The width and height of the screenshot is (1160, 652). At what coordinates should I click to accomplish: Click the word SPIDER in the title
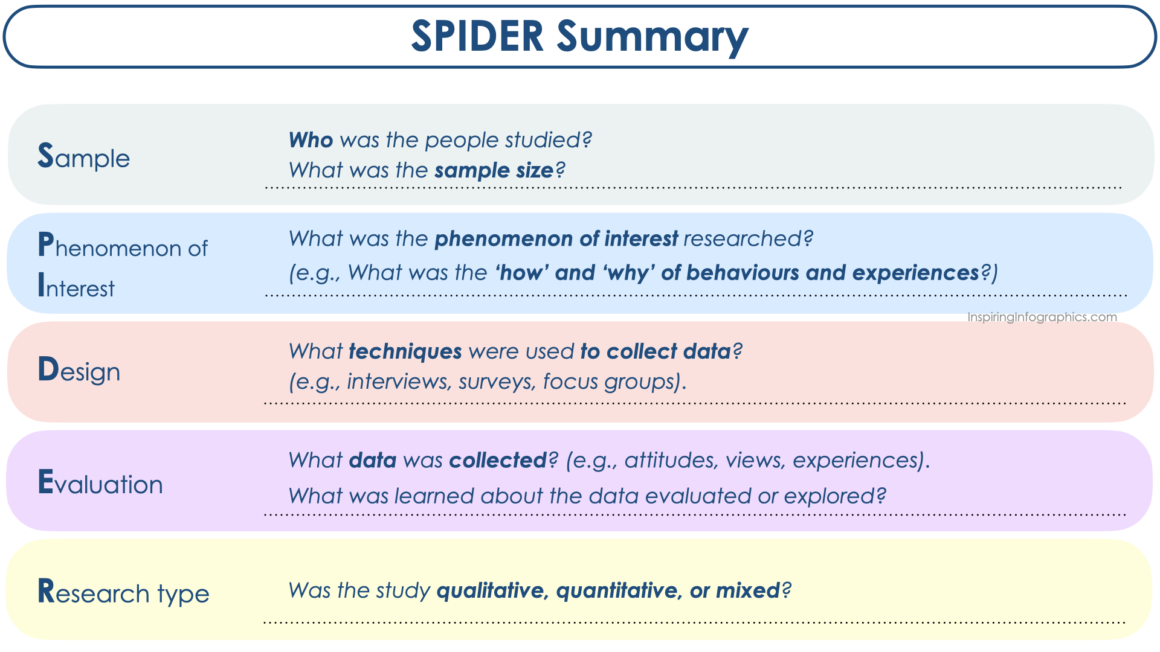click(477, 36)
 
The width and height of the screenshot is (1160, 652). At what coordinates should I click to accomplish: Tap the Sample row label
click(83, 156)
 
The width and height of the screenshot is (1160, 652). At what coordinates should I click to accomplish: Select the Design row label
click(79, 370)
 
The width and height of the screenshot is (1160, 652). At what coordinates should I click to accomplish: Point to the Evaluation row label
click(100, 482)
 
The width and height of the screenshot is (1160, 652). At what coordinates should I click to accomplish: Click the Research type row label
click(123, 592)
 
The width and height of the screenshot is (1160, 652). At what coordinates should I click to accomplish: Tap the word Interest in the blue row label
click(76, 286)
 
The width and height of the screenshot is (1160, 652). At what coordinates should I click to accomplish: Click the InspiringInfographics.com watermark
click(1042, 317)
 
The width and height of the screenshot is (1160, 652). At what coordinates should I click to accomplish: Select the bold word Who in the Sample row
click(311, 140)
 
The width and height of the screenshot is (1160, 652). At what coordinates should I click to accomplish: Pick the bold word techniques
click(405, 351)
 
